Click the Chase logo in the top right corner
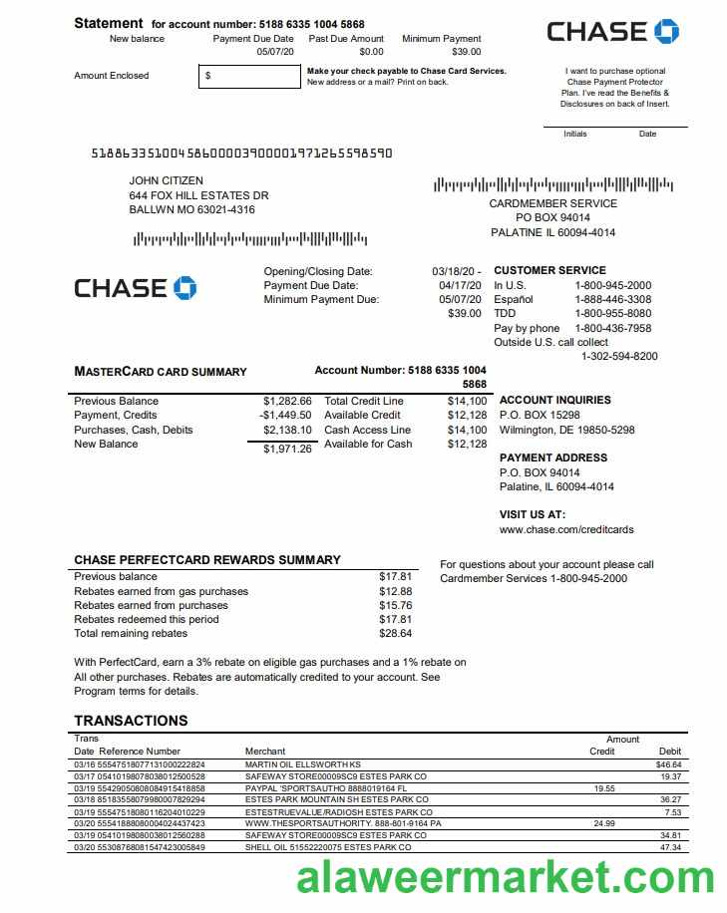pyautogui.click(x=611, y=32)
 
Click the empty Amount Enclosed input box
pyautogui.click(x=249, y=76)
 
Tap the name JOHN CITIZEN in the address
pyautogui.click(x=167, y=181)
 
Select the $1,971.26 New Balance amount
pyautogui.click(x=287, y=450)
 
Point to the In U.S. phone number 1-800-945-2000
pyautogui.click(x=612, y=285)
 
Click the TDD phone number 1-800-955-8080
pyautogui.click(x=612, y=314)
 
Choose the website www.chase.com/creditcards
pyautogui.click(x=565, y=529)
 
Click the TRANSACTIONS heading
pyautogui.click(x=131, y=721)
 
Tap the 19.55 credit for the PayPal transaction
pyautogui.click(x=604, y=787)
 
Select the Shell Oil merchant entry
pyautogui.click(x=328, y=847)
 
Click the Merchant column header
pyautogui.click(x=265, y=751)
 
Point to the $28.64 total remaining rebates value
pyautogui.click(x=395, y=633)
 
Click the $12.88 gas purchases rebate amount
pyautogui.click(x=395, y=591)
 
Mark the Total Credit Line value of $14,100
pyautogui.click(x=467, y=401)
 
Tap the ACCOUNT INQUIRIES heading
pyautogui.click(x=554, y=401)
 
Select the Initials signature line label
pyautogui.click(x=575, y=134)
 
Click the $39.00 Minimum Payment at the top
pyautogui.click(x=466, y=52)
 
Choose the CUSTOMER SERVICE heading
pyautogui.click(x=549, y=270)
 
